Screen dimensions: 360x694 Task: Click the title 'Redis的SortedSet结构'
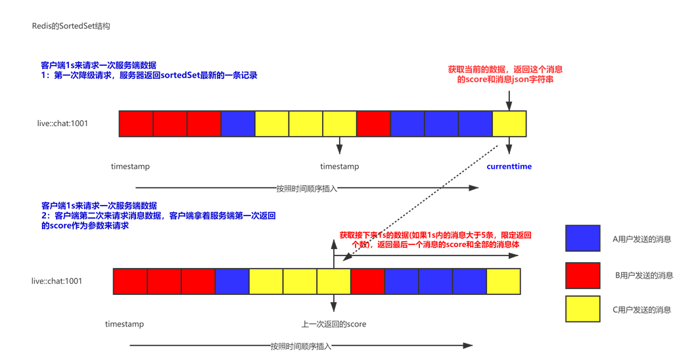click(x=71, y=26)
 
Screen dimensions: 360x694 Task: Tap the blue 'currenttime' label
click(x=509, y=167)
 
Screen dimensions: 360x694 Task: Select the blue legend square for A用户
click(x=582, y=238)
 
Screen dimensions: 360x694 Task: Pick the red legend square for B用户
click(x=582, y=275)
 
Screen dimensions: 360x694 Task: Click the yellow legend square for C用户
click(x=582, y=309)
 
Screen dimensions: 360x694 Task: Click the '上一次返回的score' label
click(x=334, y=325)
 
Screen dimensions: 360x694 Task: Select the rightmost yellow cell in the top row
click(x=509, y=124)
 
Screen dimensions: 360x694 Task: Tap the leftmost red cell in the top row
click(x=136, y=124)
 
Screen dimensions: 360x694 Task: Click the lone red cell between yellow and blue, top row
click(x=373, y=124)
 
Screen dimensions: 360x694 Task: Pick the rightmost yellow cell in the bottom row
click(x=503, y=281)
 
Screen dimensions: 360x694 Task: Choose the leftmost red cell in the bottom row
click(x=130, y=281)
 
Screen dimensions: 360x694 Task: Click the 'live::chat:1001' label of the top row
click(x=62, y=124)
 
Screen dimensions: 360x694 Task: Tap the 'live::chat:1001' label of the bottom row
click(x=57, y=281)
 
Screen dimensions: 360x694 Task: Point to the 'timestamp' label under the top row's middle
click(x=339, y=167)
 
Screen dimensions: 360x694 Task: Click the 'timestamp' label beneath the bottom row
click(x=124, y=325)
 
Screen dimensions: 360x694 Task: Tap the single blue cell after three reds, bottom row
click(x=232, y=281)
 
